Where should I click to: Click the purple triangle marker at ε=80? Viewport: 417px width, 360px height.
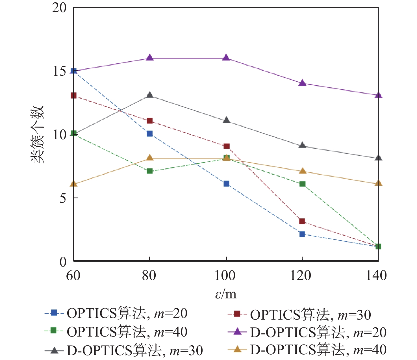pos(150,58)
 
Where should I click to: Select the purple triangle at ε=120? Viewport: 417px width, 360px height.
pos(302,83)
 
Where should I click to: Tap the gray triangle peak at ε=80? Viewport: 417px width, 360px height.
pos(150,96)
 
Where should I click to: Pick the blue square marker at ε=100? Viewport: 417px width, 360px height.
pos(226,184)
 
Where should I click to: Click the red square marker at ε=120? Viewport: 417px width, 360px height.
pos(302,221)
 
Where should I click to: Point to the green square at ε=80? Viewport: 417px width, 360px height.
pos(150,171)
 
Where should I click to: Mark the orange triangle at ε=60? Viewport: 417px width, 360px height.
pos(73,184)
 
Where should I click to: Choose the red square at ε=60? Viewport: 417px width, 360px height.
pos(73,96)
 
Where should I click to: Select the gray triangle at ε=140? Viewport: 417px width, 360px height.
pos(379,158)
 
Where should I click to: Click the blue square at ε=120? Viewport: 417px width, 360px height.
pos(302,234)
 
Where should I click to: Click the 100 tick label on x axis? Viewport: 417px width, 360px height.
pos(225,275)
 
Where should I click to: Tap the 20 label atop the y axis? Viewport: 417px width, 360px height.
pos(59,8)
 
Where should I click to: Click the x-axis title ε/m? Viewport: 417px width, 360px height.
pos(226,294)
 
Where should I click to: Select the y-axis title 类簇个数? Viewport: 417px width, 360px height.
pos(37,134)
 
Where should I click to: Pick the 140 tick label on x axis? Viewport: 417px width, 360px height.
pos(376,275)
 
